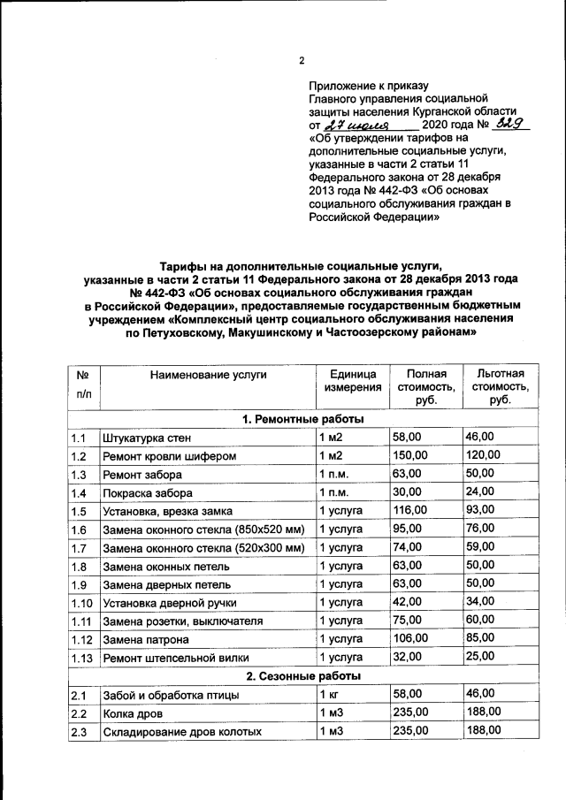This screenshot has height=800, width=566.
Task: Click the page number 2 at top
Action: pos(301,61)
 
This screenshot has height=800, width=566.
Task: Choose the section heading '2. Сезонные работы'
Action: pos(302,676)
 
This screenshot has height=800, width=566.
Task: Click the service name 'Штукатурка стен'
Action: pos(147,438)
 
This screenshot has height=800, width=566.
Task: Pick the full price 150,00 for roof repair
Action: pos(411,456)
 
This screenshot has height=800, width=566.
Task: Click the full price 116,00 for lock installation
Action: pos(411,511)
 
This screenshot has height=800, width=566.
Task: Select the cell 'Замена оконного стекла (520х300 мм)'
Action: pos(203,548)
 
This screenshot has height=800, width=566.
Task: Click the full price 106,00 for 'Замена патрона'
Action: pos(411,639)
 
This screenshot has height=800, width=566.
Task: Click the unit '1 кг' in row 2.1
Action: pos(329,695)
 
